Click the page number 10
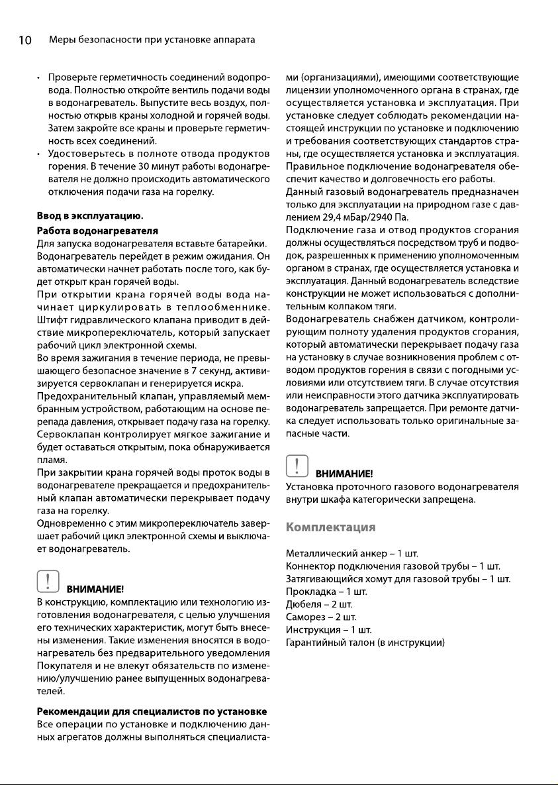(24, 40)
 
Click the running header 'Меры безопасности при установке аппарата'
(152, 40)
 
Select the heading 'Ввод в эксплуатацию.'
(90, 217)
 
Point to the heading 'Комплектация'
(330, 527)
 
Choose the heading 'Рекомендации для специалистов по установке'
(152, 711)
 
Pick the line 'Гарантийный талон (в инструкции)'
(365, 643)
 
